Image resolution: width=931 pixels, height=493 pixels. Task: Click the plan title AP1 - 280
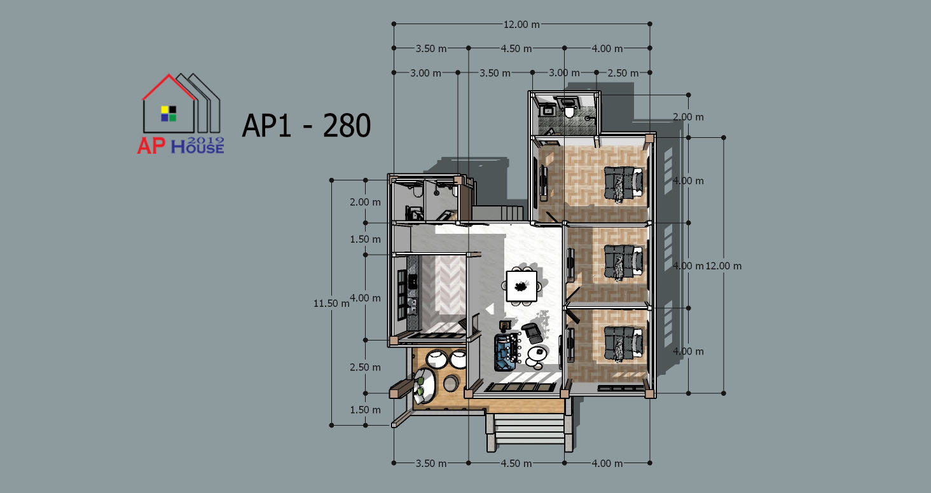(307, 125)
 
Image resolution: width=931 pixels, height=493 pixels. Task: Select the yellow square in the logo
(165, 109)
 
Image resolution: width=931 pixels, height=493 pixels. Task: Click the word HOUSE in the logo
(198, 147)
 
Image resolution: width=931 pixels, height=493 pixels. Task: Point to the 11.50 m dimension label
(331, 304)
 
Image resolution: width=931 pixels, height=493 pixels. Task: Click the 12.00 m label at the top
(521, 25)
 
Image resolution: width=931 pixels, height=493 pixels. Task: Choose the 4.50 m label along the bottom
(516, 463)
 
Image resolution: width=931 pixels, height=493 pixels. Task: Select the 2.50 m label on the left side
(365, 367)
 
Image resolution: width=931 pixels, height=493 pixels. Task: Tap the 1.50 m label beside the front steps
(365, 410)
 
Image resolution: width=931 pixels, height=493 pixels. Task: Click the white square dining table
(521, 286)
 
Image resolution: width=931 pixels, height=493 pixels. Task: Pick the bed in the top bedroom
(623, 183)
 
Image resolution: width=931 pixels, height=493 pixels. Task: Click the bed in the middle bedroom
(623, 262)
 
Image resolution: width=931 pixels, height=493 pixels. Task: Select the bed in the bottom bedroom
(623, 343)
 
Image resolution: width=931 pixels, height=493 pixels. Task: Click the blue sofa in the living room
(506, 352)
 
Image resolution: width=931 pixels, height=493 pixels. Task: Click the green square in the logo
(172, 118)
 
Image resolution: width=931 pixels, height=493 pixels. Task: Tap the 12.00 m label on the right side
(724, 266)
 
